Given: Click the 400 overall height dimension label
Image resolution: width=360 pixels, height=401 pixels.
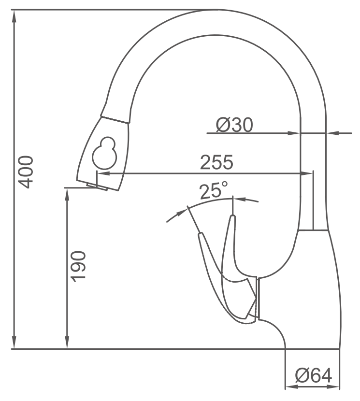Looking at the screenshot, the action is (26, 172).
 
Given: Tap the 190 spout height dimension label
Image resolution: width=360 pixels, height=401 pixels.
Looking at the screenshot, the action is (78, 267).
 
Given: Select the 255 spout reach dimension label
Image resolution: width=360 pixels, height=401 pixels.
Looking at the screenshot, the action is (216, 162).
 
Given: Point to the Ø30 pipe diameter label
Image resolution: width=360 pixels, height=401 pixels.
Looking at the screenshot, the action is (234, 125).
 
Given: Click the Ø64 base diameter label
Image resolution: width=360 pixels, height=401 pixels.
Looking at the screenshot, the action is (314, 375).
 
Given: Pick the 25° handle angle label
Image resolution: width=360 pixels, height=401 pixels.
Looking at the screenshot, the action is (214, 190).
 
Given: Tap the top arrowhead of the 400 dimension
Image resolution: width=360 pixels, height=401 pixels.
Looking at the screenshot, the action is (14, 16).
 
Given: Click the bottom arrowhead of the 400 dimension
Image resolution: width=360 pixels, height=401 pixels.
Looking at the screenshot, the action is (14, 343).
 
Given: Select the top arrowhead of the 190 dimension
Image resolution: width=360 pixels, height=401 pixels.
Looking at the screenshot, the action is (67, 194).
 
